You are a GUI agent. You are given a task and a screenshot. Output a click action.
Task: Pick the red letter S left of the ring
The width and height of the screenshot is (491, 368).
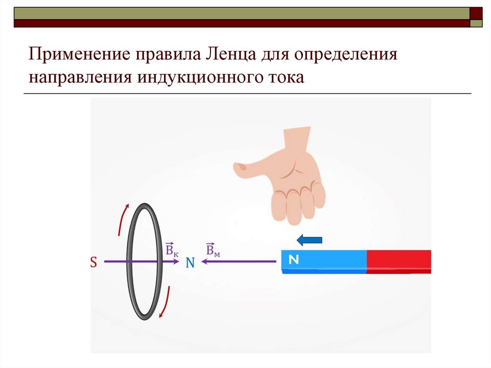(94, 262)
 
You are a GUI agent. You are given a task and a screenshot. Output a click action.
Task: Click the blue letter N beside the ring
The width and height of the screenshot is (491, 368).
(190, 262)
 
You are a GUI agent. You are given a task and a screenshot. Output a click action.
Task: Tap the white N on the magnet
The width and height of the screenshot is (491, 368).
(294, 260)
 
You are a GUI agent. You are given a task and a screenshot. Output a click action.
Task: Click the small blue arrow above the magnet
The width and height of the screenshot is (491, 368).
(309, 239)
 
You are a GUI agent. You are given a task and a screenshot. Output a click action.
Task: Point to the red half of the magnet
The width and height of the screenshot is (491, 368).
(399, 261)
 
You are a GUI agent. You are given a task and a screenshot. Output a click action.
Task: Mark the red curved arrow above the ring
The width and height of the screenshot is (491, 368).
(123, 218)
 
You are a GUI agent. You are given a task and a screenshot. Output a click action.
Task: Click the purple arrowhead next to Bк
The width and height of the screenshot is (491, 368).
(176, 261)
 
